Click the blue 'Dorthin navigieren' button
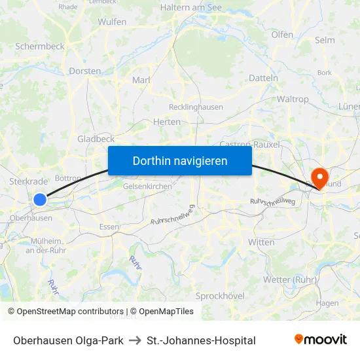pos(180,160)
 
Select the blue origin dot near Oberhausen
pos(40,199)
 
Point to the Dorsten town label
pos(85,71)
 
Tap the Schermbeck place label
pos(40,47)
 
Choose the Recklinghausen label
pos(196,107)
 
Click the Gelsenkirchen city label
pos(147,186)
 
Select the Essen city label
pos(109,226)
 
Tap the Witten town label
pos(261,242)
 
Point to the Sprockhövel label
pos(220,296)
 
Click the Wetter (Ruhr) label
pos(290,279)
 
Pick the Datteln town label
pos(264,78)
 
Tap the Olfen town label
pos(282,34)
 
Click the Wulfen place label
pos(112,22)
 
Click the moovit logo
pos(321,340)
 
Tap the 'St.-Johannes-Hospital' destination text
pos(201,340)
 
